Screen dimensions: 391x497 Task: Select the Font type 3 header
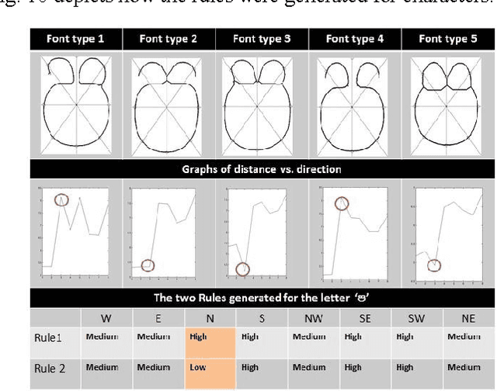[x=260, y=38]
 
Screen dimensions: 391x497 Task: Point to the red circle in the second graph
[x=148, y=265]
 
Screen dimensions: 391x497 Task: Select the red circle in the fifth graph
[x=434, y=265]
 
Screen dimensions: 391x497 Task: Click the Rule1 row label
[x=48, y=338]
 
